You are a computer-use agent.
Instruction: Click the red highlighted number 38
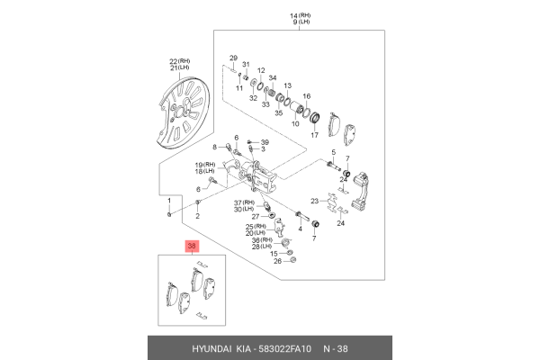click(192, 246)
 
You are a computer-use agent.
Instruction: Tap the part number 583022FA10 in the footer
click(285, 349)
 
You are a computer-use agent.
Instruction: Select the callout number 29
click(233, 58)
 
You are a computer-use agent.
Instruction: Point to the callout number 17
click(314, 135)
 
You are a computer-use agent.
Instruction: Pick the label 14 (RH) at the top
click(301, 16)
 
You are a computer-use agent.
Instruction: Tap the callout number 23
click(314, 201)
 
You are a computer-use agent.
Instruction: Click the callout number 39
click(265, 142)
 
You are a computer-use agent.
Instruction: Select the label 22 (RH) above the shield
click(179, 61)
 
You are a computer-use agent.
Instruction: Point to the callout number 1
click(169, 201)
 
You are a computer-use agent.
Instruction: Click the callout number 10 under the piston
click(295, 123)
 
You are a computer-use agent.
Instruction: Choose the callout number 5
click(333, 152)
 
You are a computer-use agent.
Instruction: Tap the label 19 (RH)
click(205, 165)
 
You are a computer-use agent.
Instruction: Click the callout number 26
click(277, 261)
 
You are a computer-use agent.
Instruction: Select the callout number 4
click(300, 229)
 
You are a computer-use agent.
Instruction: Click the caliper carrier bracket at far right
click(361, 190)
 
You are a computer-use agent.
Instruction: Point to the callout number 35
click(279, 112)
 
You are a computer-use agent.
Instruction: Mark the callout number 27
click(256, 217)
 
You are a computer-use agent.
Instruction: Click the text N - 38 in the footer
click(336, 349)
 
